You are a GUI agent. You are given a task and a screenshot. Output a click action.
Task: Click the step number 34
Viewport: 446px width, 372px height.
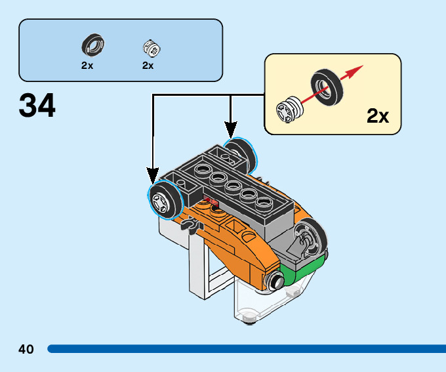pos(37,106)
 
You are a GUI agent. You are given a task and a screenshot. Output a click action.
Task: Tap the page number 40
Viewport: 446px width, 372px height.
pos(26,349)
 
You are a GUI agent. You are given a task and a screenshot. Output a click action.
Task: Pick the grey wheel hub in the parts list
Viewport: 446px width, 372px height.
pos(151,48)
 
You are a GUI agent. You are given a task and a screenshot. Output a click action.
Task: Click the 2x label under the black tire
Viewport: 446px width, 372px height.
pos(87,66)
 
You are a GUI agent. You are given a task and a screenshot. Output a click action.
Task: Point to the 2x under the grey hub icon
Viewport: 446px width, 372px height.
pos(148,66)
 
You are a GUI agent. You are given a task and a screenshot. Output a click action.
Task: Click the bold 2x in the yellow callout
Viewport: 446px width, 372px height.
pos(378,117)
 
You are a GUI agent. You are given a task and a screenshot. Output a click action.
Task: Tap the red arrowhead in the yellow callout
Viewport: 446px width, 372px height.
pos(356,70)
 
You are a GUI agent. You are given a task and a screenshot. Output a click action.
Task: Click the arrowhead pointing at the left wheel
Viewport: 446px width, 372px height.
pos(153,176)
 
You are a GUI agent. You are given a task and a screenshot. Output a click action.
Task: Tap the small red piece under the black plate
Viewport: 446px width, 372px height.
pos(210,200)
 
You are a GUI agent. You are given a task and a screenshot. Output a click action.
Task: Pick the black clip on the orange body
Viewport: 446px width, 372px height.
pos(190,226)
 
